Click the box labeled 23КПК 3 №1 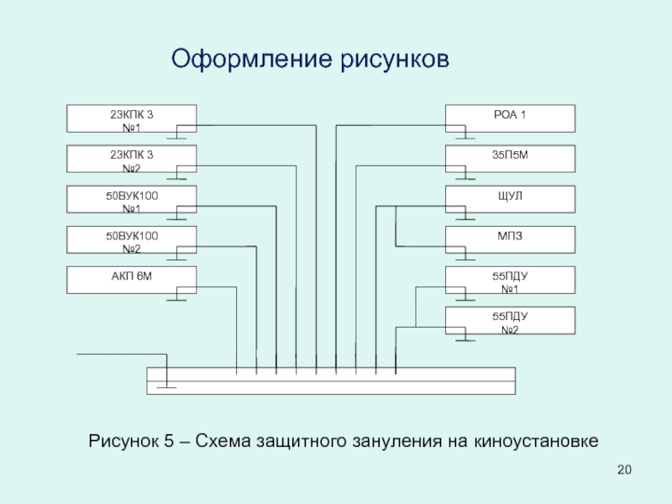pyautogui.click(x=131, y=118)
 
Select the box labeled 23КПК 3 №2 pyautogui.click(x=131, y=159)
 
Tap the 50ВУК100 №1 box pyautogui.click(x=131, y=199)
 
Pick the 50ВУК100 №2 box pyautogui.click(x=131, y=239)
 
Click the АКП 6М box pyautogui.click(x=131, y=280)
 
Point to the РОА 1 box pyautogui.click(x=510, y=118)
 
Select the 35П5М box pyautogui.click(x=510, y=159)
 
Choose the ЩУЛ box pyautogui.click(x=510, y=199)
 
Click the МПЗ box pyautogui.click(x=510, y=239)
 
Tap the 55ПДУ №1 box pyautogui.click(x=510, y=280)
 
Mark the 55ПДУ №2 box pyautogui.click(x=510, y=320)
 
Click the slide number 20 pyautogui.click(x=622, y=470)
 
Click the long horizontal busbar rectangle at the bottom pyautogui.click(x=331, y=381)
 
